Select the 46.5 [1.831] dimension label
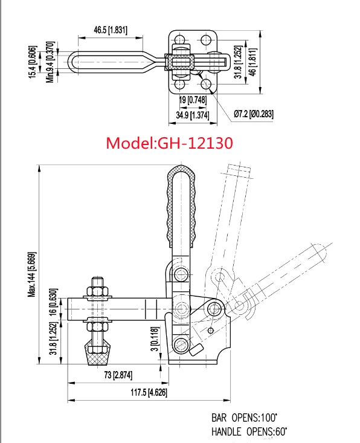(x=111, y=30)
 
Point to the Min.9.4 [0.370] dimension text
(x=52, y=61)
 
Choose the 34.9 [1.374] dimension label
(x=192, y=114)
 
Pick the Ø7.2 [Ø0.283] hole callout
(x=254, y=113)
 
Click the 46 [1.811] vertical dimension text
(x=254, y=62)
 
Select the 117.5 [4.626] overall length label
(x=148, y=392)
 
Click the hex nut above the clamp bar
(x=97, y=291)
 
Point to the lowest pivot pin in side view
(x=179, y=345)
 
